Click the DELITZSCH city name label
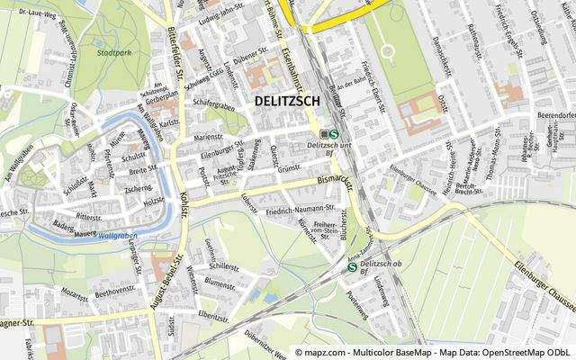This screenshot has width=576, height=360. pyautogui.click(x=294, y=102)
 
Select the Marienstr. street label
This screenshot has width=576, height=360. pyautogui.click(x=208, y=138)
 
